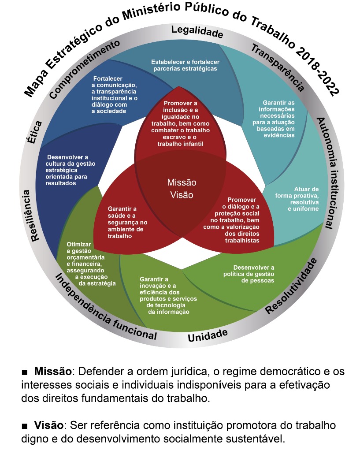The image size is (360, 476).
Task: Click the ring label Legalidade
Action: point(197,32)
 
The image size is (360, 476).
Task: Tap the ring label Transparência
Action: point(278,67)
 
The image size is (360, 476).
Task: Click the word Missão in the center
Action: point(182,182)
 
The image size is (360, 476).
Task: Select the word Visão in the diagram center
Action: point(182,194)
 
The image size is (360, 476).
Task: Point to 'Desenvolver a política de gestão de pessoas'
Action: point(254,274)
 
